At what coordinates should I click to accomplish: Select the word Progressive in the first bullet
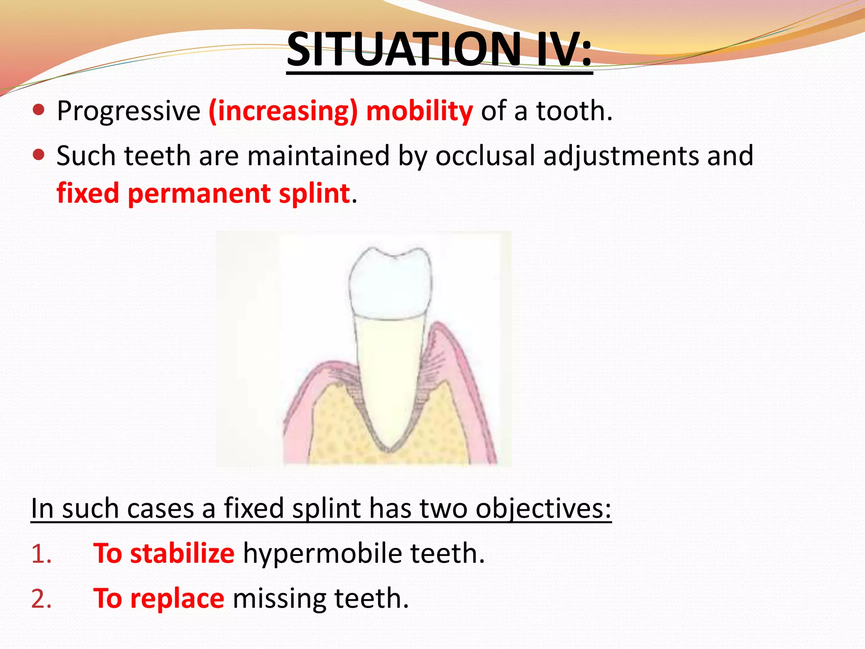(x=128, y=112)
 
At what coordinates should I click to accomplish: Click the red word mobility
(x=419, y=112)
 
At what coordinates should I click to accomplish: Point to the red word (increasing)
(x=283, y=112)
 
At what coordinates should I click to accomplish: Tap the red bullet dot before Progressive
(x=38, y=110)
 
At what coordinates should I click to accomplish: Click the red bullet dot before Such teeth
(x=38, y=155)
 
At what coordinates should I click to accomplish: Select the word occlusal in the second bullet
(x=485, y=156)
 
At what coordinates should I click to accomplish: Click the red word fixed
(x=88, y=194)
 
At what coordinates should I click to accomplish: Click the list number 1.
(x=41, y=554)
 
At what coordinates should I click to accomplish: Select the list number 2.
(x=41, y=599)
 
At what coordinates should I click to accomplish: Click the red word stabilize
(x=182, y=554)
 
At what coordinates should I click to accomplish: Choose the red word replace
(x=177, y=599)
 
